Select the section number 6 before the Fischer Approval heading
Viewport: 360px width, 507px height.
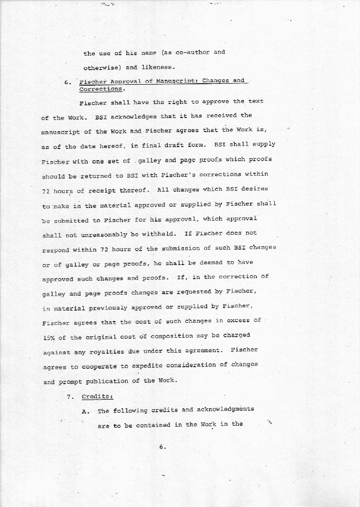coord(68,82)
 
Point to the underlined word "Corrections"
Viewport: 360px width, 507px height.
coord(101,89)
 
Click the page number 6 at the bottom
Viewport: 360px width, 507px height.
coord(162,447)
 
